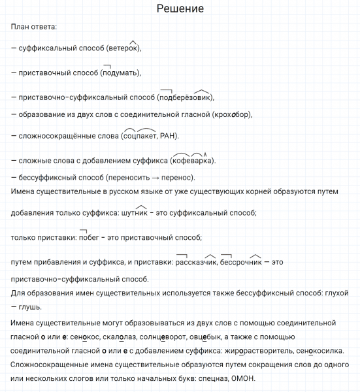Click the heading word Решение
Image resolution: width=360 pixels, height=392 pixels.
pos(180,9)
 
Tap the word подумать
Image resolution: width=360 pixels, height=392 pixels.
pos(120,72)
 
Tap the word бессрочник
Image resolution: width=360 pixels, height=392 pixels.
pos(241,262)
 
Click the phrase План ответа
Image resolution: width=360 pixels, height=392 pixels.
pos(34,27)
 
